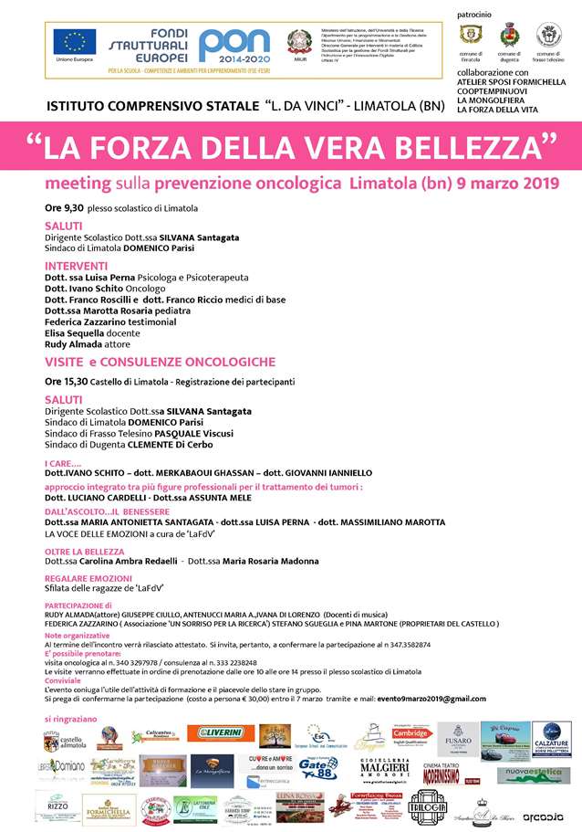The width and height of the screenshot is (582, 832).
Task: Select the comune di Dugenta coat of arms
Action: [509, 36]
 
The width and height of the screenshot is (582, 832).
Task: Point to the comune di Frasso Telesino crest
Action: [549, 35]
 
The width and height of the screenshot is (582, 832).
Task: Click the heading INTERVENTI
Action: [76, 266]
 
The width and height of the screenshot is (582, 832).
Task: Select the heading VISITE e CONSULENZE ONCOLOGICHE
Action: [160, 363]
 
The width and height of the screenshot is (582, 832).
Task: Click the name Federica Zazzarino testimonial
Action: [110, 322]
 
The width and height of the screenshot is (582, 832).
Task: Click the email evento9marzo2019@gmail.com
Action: [427, 699]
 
